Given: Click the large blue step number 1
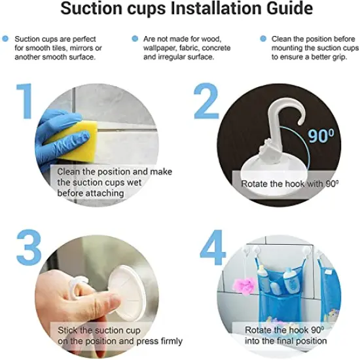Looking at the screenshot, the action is click(x=25, y=101).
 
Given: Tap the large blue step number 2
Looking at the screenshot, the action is click(x=206, y=101).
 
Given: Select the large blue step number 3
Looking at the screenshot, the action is click(x=29, y=248).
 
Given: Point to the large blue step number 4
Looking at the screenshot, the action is click(x=213, y=247).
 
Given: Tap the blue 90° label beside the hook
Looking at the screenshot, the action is click(x=321, y=136).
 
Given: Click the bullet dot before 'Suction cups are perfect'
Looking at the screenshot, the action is click(x=5, y=39).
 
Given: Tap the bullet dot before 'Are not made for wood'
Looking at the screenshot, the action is click(x=135, y=39).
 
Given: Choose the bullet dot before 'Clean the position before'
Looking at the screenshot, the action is click(x=263, y=39).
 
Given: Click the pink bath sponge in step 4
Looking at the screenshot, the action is click(x=244, y=285).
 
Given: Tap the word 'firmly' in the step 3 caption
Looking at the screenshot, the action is click(x=171, y=341).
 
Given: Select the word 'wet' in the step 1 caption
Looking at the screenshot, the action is click(x=135, y=183).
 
